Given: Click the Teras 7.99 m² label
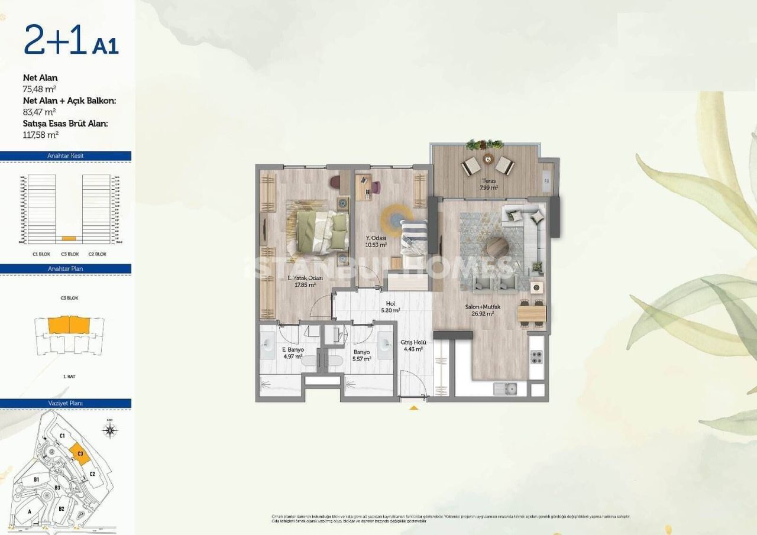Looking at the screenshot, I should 488,184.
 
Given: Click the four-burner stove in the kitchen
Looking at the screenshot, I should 536,357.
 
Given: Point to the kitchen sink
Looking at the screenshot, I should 506,388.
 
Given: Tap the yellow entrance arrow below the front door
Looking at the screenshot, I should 414,407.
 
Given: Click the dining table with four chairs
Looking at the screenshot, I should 532,312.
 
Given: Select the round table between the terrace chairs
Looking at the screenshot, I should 488,158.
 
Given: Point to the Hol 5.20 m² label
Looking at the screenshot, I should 390,306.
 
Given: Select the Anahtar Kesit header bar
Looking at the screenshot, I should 65,156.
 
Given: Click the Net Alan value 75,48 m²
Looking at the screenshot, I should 40,89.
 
